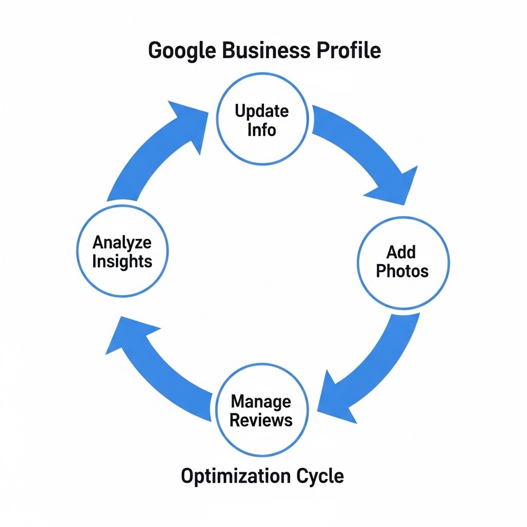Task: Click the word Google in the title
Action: click(182, 50)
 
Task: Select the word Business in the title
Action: click(266, 50)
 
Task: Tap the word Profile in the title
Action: click(348, 50)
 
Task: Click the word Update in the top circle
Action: click(261, 111)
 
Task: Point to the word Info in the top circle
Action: click(261, 129)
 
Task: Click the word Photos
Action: click(402, 271)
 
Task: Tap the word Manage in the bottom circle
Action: click(261, 401)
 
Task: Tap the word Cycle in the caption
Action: click(320, 476)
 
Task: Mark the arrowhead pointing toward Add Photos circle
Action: click(394, 183)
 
